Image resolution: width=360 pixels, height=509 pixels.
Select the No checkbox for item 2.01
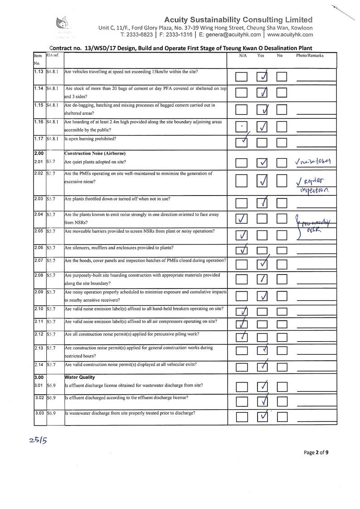point(282,162)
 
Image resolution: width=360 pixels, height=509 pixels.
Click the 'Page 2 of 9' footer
point(316,452)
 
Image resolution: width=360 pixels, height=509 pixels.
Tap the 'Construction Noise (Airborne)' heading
point(95,153)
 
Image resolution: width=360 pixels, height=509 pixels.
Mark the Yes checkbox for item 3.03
point(263,416)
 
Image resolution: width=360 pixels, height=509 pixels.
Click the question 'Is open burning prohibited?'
point(90,138)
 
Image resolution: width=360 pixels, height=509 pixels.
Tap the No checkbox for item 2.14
point(282,367)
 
